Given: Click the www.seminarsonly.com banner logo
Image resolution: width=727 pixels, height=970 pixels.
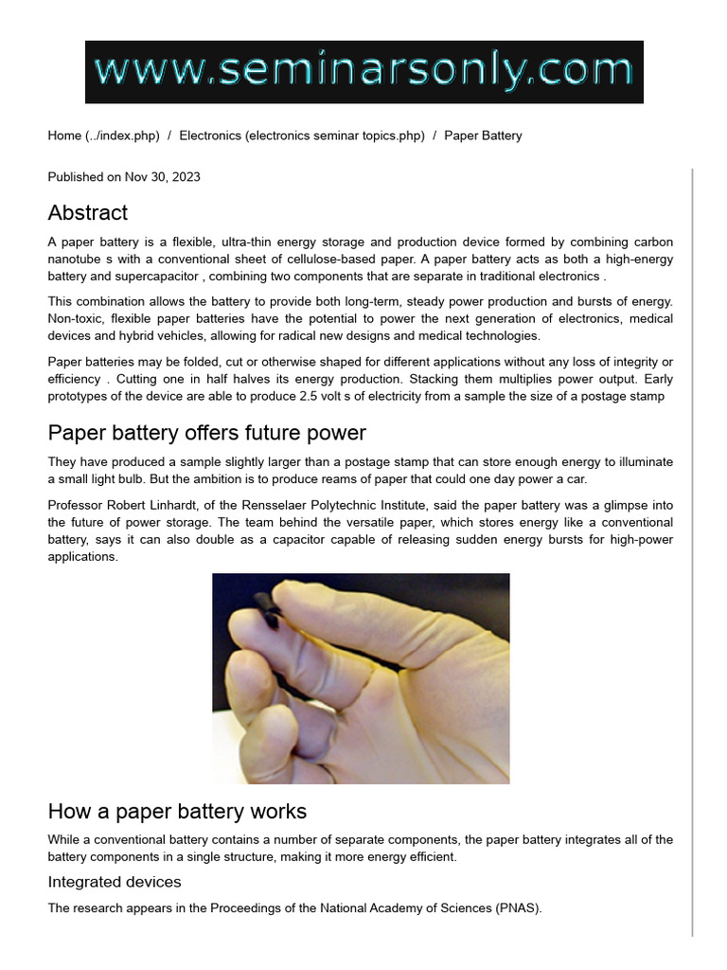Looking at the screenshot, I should tap(363, 72).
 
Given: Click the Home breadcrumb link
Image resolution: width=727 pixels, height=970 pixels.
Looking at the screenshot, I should tap(103, 135).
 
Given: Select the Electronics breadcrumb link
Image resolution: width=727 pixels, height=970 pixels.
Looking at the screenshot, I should tap(301, 135).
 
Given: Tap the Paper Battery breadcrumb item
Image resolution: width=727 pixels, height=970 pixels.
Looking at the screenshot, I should tap(483, 135).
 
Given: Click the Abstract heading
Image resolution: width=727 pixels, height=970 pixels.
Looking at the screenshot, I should tap(88, 212).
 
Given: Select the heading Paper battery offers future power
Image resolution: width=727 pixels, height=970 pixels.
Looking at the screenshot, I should tap(206, 433).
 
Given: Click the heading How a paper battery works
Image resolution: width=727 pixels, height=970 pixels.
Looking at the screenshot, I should tap(177, 812).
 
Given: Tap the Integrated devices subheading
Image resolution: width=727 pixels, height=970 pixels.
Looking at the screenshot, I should tap(115, 882).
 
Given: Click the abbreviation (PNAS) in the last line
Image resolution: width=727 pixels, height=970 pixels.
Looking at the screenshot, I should tap(518, 908).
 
